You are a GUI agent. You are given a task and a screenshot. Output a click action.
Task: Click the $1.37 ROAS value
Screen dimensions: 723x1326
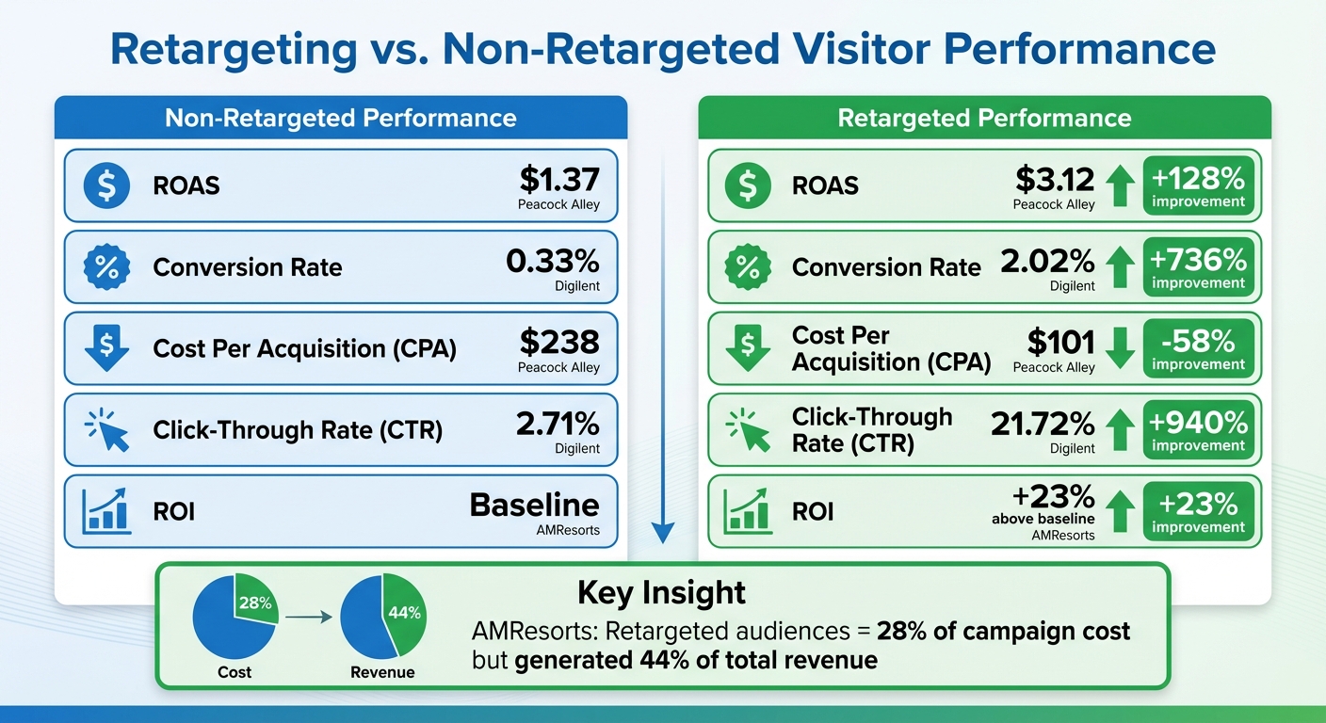click(x=558, y=179)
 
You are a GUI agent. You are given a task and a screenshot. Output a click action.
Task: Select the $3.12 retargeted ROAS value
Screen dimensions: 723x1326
click(x=1055, y=179)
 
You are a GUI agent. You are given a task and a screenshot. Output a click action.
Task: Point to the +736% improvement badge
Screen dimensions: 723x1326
click(x=1198, y=266)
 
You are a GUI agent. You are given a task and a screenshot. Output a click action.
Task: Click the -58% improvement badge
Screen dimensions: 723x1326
click(x=1198, y=348)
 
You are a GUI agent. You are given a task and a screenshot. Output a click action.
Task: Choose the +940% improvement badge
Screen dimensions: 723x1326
click(x=1198, y=429)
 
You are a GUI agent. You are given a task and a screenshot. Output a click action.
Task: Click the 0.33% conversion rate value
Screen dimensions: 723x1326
click(x=552, y=261)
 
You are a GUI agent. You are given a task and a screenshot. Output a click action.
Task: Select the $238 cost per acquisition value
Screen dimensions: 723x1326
click(x=558, y=342)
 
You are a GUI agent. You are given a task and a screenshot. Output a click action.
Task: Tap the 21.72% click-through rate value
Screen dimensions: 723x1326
click(x=1043, y=424)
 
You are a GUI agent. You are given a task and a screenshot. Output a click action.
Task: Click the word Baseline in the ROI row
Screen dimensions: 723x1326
click(x=534, y=505)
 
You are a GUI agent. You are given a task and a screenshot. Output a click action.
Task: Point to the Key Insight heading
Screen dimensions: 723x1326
click(x=661, y=593)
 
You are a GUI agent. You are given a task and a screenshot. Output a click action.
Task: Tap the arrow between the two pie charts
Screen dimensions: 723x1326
click(x=308, y=618)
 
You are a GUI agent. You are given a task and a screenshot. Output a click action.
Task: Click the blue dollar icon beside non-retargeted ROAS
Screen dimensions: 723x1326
click(x=106, y=185)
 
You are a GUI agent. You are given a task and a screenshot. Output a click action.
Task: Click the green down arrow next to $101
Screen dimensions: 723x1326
click(x=1119, y=348)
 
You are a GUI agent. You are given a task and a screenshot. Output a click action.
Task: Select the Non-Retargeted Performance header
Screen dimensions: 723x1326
click(x=340, y=118)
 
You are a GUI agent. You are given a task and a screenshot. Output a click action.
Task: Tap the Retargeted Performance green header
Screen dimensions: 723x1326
click(x=984, y=118)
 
